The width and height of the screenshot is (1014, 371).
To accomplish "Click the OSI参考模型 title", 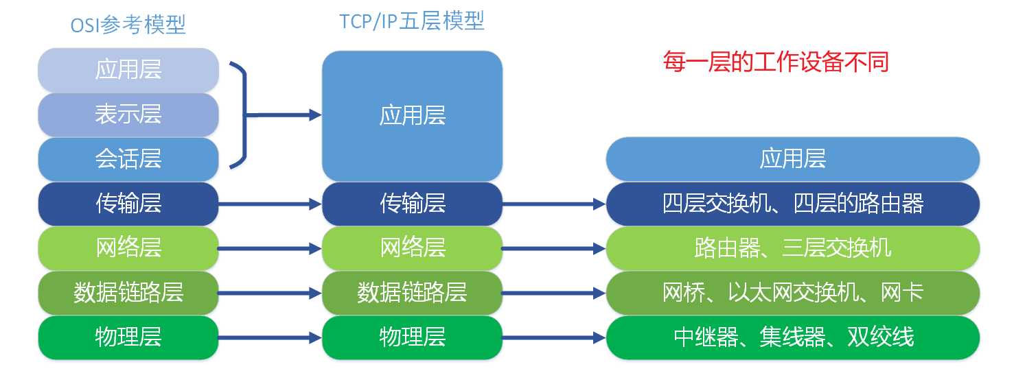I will [128, 25].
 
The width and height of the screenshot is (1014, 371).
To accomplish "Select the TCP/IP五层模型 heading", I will [412, 21].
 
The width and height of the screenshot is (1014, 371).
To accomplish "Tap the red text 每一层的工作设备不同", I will [775, 62].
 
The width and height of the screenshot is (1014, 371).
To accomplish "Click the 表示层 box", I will [128, 114].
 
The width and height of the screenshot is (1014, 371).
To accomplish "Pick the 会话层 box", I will [128, 159].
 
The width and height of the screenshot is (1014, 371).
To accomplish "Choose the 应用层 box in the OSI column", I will [128, 70].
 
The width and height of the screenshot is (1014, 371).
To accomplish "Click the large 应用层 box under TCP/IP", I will [412, 115].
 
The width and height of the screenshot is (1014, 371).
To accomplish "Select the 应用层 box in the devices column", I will [792, 159].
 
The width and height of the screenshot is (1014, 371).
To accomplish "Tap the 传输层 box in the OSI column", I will [128, 204].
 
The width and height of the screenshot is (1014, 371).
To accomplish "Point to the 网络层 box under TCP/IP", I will [412, 248].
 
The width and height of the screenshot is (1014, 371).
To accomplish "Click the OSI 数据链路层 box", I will [128, 293].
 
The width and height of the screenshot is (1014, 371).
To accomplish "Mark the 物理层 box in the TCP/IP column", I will [412, 337].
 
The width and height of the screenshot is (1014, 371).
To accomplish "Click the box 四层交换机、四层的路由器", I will [792, 204].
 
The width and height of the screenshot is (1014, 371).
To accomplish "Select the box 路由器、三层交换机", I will [792, 248].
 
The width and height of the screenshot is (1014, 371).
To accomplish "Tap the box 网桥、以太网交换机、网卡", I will [792, 293].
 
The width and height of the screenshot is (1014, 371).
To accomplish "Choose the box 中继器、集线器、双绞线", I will [792, 337].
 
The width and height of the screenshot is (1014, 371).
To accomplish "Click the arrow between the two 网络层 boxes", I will [270, 248].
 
